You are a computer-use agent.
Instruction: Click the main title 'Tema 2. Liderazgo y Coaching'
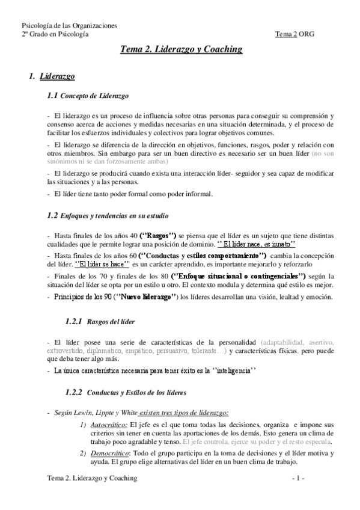click(x=181, y=50)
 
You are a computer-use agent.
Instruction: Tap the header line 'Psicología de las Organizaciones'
click(x=69, y=26)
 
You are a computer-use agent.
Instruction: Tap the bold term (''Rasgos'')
click(x=157, y=236)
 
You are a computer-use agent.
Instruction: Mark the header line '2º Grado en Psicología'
click(x=55, y=34)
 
